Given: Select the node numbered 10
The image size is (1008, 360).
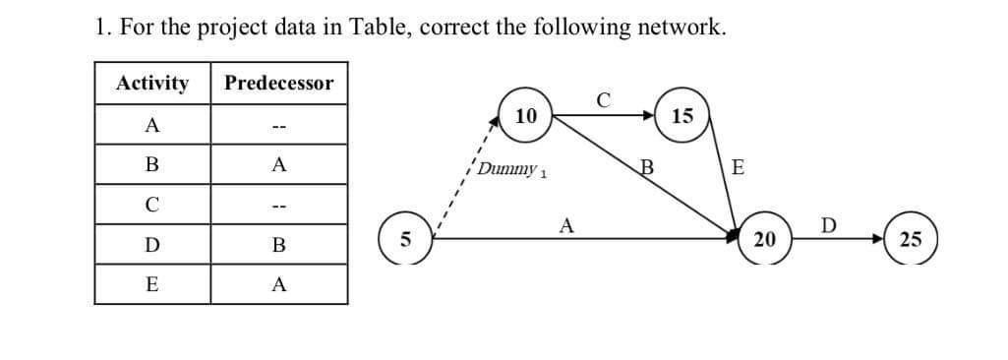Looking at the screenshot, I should pyautogui.click(x=526, y=115).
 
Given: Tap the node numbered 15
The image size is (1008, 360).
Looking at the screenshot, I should pyautogui.click(x=683, y=117).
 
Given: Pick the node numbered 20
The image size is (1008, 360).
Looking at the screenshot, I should pyautogui.click(x=763, y=239).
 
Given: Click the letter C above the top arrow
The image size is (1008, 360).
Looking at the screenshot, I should pyautogui.click(x=602, y=98).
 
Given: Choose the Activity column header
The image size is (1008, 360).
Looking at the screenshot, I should pyautogui.click(x=152, y=83).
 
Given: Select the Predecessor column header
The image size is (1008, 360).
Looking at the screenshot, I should pyautogui.click(x=278, y=83).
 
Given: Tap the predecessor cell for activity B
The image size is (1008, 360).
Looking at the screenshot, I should pyautogui.click(x=279, y=165).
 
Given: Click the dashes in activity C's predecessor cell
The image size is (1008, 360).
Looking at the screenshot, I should pyautogui.click(x=279, y=205).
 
